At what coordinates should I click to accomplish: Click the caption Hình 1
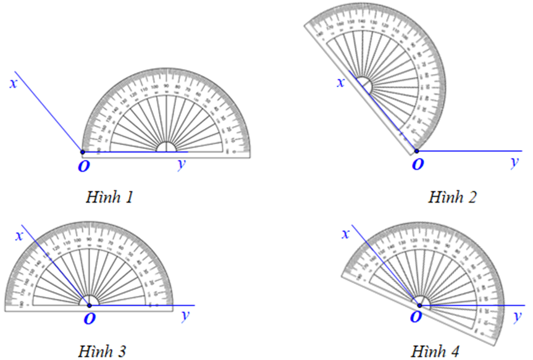tap(111, 198)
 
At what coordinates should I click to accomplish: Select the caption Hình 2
tap(453, 198)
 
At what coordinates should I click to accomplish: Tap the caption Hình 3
tap(103, 352)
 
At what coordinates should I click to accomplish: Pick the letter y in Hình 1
tap(181, 164)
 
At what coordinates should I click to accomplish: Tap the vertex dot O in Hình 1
tap(82, 151)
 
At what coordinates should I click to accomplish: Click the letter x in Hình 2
tap(340, 82)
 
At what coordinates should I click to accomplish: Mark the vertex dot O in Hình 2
tap(416, 151)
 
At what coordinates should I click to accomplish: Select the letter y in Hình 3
tap(184, 317)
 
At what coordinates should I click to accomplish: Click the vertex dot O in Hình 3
tap(90, 305)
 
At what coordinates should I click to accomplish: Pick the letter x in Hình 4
tap(346, 234)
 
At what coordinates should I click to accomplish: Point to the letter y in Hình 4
tap(518, 316)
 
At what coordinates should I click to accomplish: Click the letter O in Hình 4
tap(418, 318)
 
